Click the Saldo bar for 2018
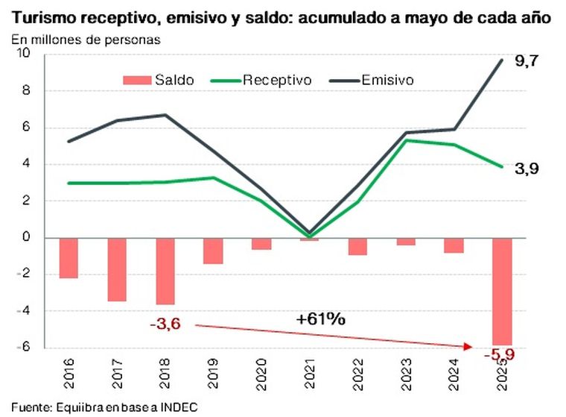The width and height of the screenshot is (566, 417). [x=165, y=271]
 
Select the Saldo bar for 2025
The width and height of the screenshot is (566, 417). [x=501, y=291]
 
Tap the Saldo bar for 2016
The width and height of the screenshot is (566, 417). [x=69, y=257]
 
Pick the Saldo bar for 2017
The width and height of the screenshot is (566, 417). [x=117, y=269]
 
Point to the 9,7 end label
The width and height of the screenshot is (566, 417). [x=526, y=62]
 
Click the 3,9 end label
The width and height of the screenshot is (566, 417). [x=526, y=169]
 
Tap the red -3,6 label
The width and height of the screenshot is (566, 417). [x=165, y=324]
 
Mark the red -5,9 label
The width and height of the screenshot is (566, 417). [x=500, y=355]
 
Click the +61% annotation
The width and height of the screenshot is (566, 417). [x=321, y=319]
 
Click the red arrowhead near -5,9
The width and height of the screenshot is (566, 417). [x=469, y=345]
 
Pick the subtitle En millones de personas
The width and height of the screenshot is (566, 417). [x=86, y=40]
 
